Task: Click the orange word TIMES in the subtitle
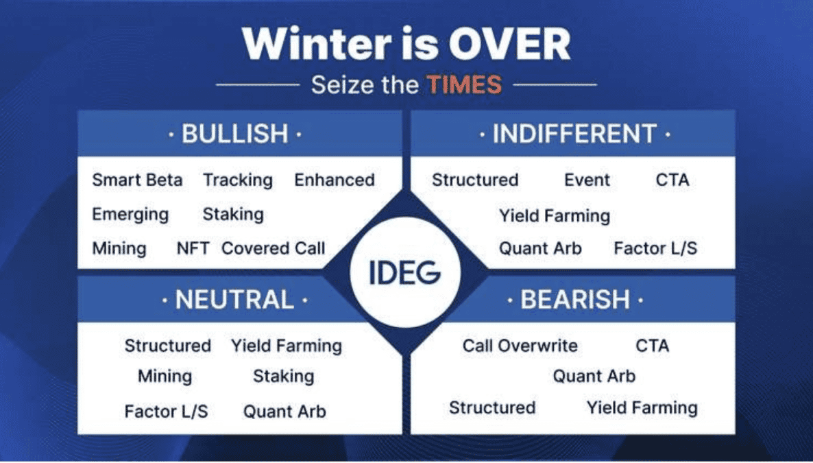[464, 85]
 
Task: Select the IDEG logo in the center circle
[405, 273]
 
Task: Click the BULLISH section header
[235, 134]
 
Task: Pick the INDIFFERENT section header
[574, 134]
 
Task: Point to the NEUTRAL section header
[234, 300]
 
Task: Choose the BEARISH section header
[574, 300]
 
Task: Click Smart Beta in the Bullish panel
[137, 180]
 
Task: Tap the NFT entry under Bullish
[193, 248]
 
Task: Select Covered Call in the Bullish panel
[273, 248]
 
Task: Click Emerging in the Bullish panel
[130, 214]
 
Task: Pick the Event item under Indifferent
[587, 180]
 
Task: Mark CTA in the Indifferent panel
[672, 180]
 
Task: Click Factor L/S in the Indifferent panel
[655, 248]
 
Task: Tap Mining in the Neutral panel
[165, 376]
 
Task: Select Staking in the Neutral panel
[283, 376]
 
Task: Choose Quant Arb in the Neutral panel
[284, 412]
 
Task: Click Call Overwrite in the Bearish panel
[520, 346]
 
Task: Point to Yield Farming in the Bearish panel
[642, 407]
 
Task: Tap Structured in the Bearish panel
[492, 407]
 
